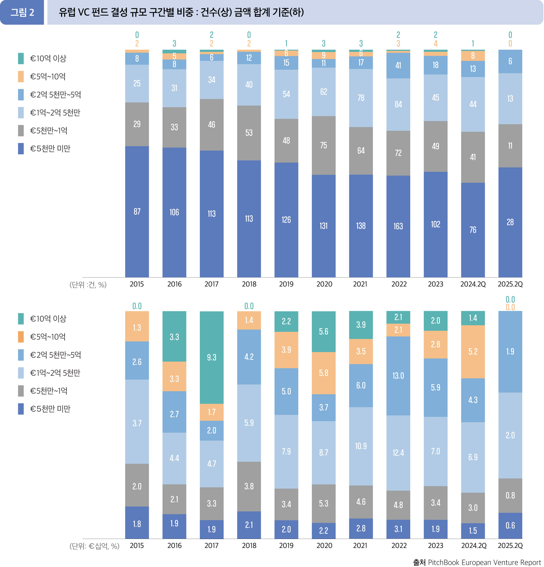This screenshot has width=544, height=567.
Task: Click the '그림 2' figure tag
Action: [22, 12]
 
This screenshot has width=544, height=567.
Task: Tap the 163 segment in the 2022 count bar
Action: [398, 226]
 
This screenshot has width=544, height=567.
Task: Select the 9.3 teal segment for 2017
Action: [211, 358]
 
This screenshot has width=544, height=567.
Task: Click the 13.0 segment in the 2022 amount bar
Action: [398, 376]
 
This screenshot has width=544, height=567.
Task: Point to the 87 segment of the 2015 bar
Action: [137, 212]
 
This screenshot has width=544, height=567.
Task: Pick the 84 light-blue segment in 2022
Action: [398, 105]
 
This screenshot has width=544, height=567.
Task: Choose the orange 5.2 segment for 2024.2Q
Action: [473, 352]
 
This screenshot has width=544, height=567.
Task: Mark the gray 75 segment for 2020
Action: [324, 145]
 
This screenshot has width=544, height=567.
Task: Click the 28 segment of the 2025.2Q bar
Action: [510, 222]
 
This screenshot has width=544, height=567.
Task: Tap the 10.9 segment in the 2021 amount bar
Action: [361, 446]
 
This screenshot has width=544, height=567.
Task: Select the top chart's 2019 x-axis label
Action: [286, 284]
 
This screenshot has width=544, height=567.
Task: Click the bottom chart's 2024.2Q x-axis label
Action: [473, 546]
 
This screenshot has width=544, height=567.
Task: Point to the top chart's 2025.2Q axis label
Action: [510, 284]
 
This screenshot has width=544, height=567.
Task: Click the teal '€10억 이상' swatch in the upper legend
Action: [21, 58]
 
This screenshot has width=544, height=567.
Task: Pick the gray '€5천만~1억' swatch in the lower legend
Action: [21, 391]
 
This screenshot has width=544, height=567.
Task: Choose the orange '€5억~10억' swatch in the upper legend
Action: [21, 77]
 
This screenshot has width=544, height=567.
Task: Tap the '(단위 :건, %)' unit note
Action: [88, 285]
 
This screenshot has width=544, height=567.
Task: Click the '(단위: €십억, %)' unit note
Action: [94, 546]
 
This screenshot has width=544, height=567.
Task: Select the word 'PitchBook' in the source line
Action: [444, 562]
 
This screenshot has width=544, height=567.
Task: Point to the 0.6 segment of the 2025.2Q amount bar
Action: [510, 525]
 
